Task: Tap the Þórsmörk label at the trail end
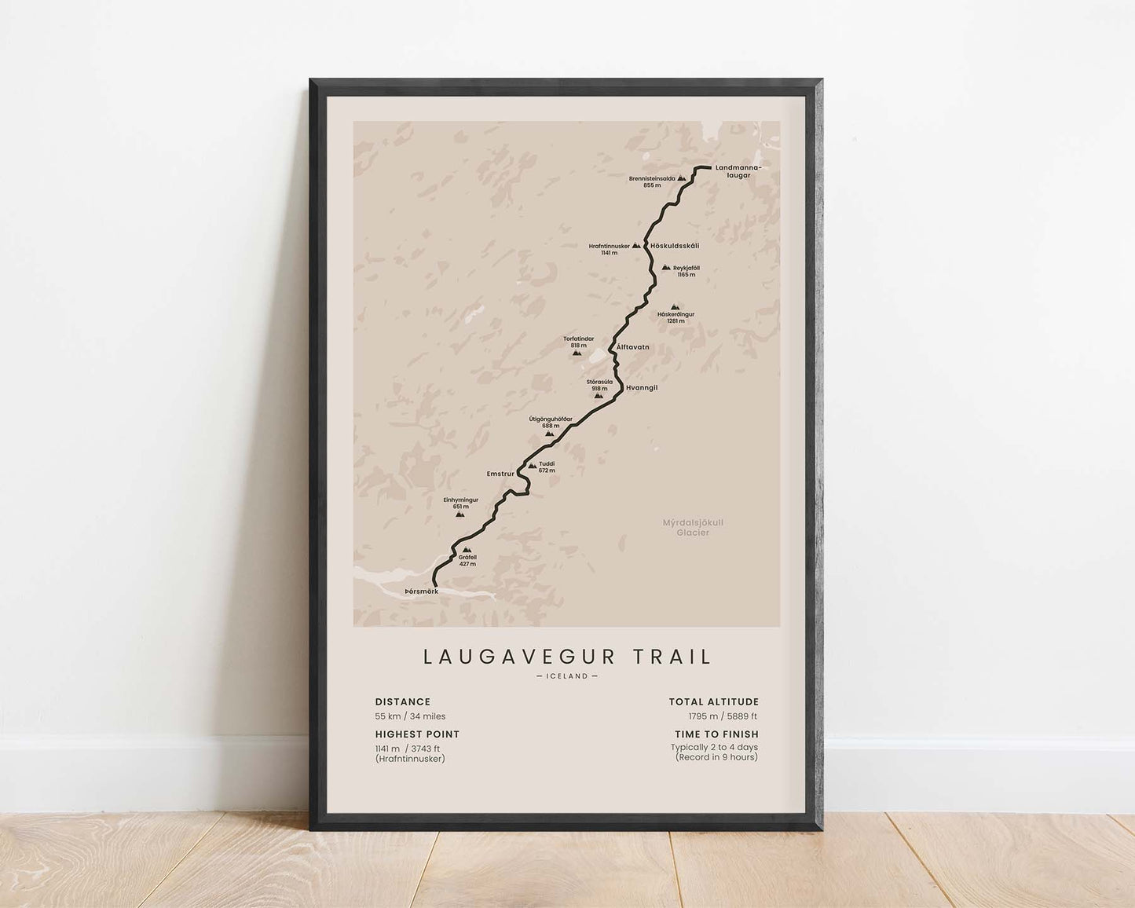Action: point(421,591)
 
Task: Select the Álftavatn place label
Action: point(633,346)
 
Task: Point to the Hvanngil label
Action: point(641,388)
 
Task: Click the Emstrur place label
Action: point(500,474)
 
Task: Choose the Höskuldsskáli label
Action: point(675,246)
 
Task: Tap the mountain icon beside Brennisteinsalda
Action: point(682,180)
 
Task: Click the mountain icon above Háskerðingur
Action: point(674,307)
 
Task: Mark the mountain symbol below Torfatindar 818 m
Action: point(577,353)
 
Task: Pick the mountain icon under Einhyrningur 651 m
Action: point(459,514)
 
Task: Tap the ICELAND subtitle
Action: point(566,676)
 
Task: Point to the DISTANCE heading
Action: point(403,702)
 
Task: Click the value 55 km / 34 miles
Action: point(410,716)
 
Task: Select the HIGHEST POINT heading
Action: point(417,734)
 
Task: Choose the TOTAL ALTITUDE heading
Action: point(714,702)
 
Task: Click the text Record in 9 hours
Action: point(716,757)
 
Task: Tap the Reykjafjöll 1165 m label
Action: point(686,271)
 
